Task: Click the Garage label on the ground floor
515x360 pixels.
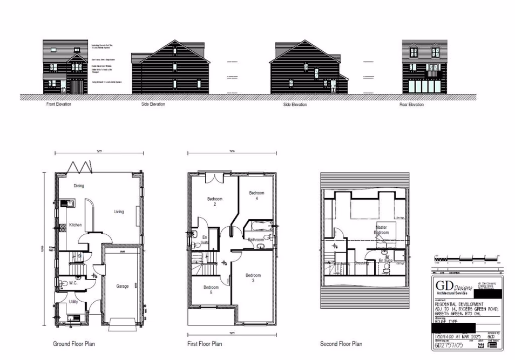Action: (123, 286)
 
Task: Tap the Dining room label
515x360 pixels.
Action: (79, 186)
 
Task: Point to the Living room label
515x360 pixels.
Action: (119, 212)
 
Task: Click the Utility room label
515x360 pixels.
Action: (73, 302)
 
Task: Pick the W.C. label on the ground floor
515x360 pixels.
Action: (74, 282)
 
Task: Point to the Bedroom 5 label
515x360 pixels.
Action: (211, 290)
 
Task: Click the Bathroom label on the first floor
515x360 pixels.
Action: (256, 240)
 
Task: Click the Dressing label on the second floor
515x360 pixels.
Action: (361, 263)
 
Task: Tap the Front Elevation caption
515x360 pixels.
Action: (59, 104)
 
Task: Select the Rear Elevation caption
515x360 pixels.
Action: (411, 105)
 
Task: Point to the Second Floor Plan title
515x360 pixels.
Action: (341, 344)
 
